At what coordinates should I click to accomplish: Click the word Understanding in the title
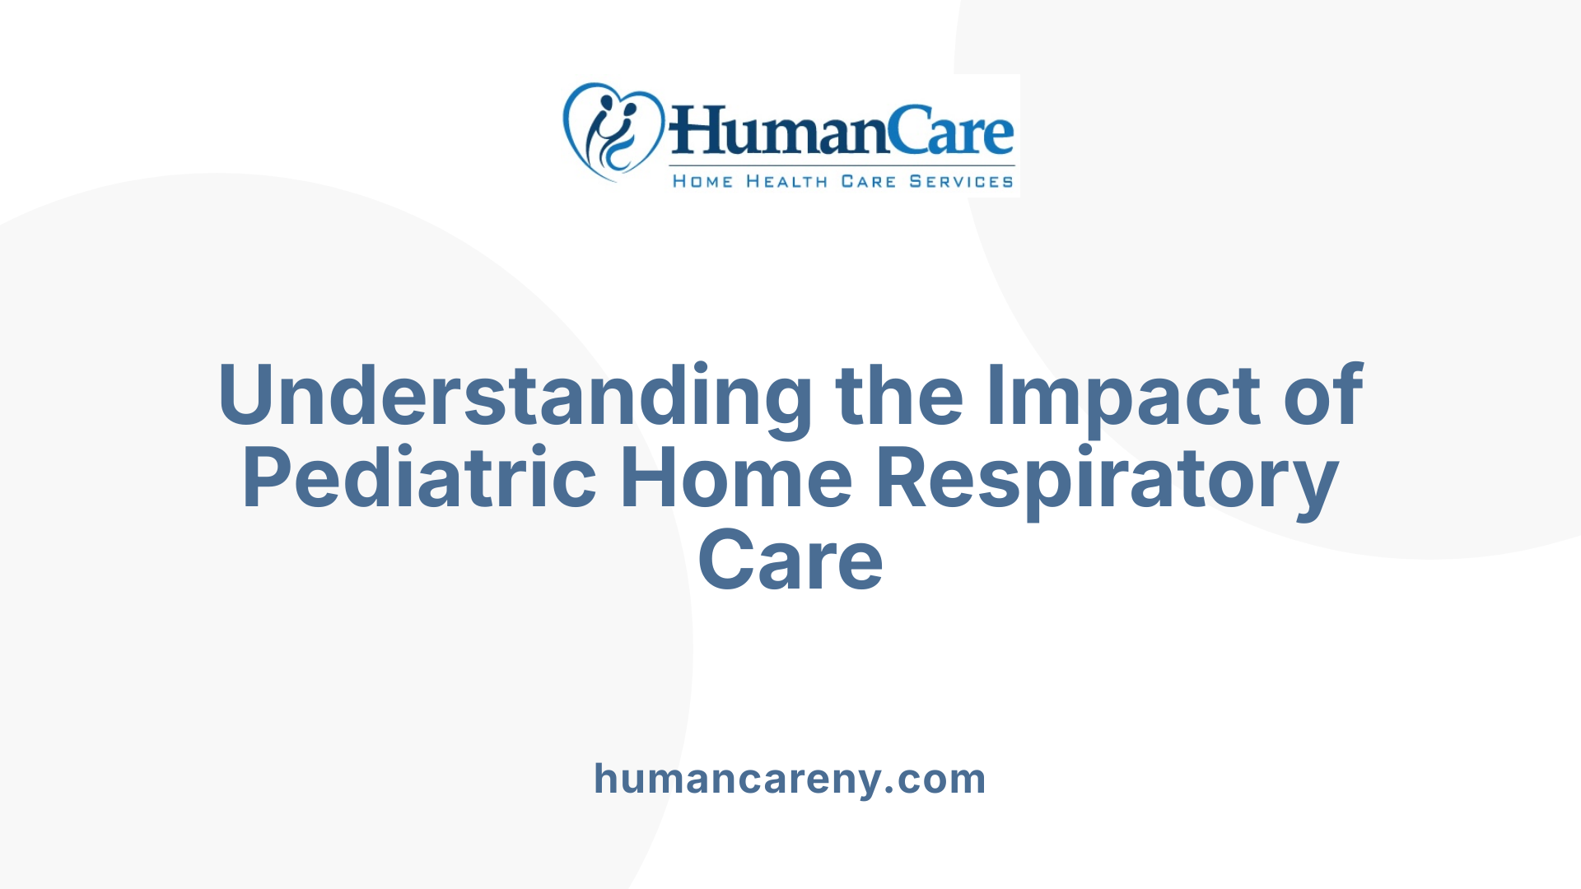[515, 397]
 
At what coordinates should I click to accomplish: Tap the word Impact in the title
[1125, 397]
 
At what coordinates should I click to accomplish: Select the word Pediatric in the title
[418, 479]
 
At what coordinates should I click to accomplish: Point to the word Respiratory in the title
[1106, 479]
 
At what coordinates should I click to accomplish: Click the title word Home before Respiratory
[735, 479]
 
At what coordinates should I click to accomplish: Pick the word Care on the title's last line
[790, 561]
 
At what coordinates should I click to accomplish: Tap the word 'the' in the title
[899, 397]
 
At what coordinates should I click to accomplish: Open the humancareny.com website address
[790, 779]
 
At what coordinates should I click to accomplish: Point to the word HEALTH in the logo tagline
[786, 182]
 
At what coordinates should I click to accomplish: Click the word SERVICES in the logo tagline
[961, 182]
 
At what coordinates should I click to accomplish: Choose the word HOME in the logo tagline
[702, 182]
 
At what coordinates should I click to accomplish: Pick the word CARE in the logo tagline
[868, 182]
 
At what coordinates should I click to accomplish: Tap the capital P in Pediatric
[268, 478]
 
